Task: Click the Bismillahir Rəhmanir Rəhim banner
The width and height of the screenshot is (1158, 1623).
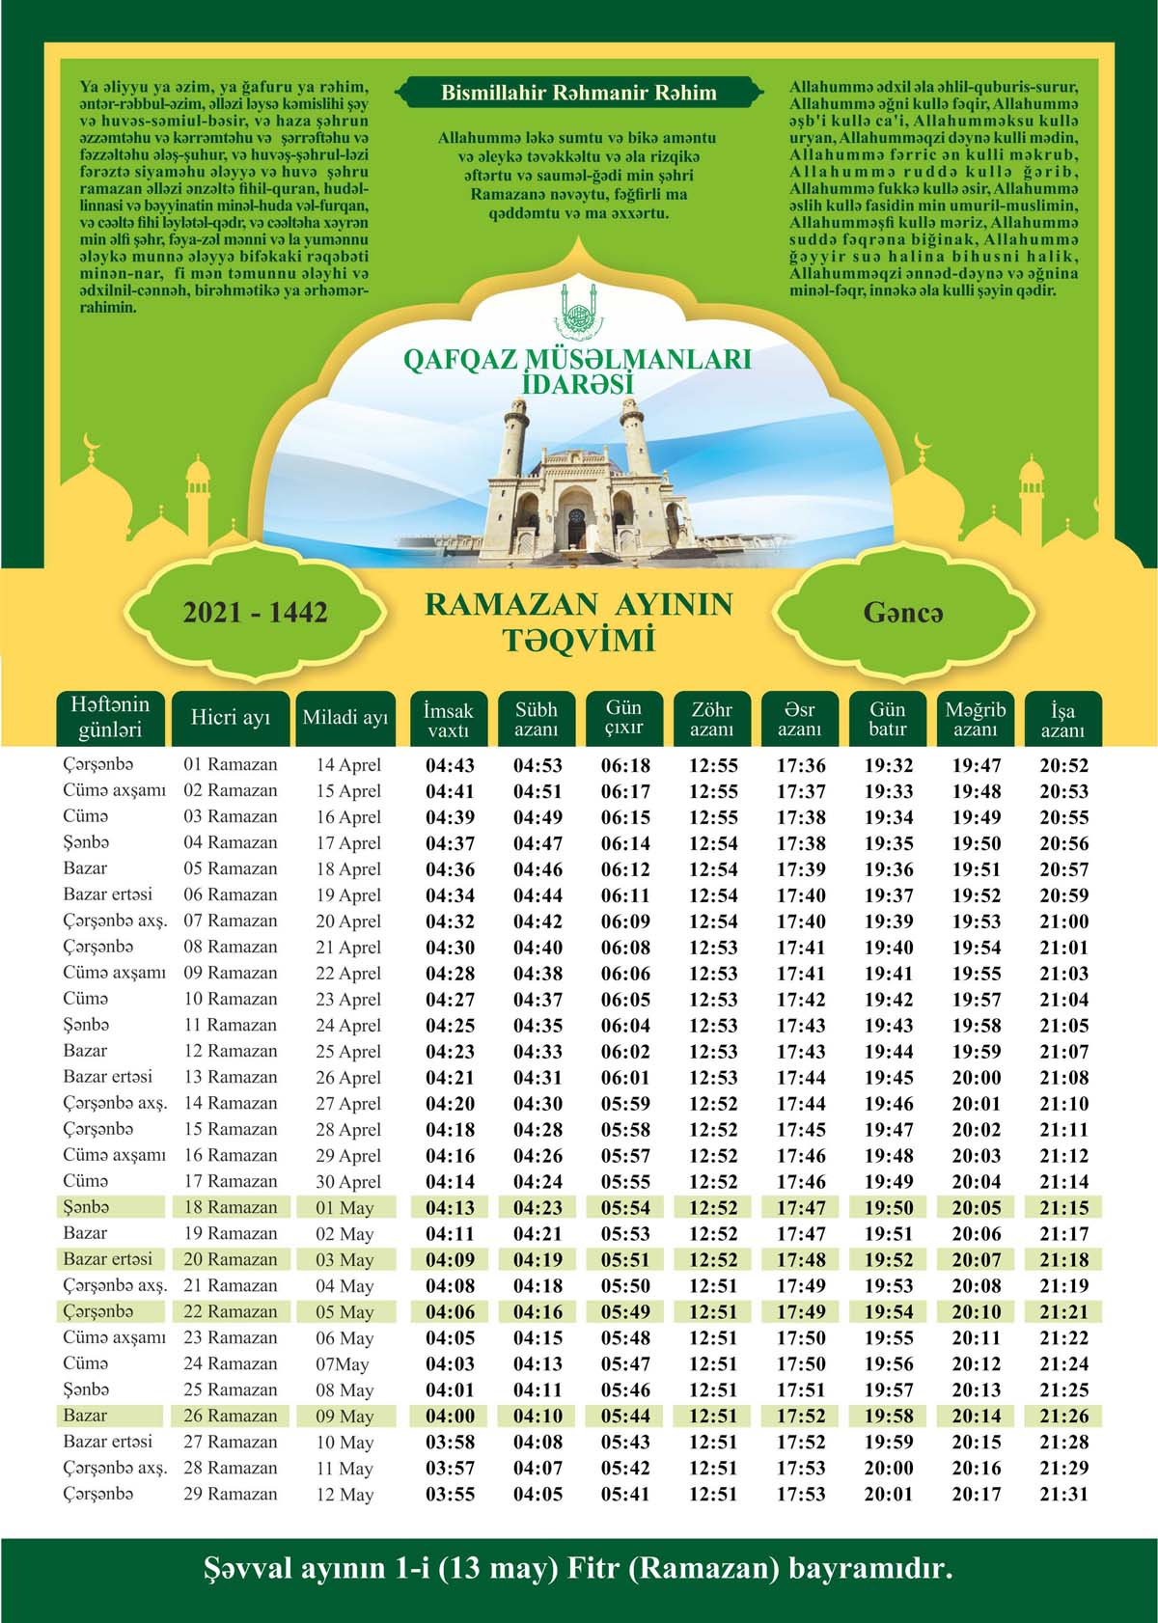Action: tap(578, 94)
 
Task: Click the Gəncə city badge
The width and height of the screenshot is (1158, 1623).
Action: tap(903, 612)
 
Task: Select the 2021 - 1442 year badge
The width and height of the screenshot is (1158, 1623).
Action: tap(256, 612)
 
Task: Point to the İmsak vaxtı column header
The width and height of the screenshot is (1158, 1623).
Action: tap(448, 720)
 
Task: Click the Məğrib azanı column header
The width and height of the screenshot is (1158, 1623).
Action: tap(975, 720)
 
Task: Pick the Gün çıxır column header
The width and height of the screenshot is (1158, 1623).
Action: tap(623, 718)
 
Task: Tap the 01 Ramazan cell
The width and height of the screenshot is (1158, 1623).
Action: tap(231, 765)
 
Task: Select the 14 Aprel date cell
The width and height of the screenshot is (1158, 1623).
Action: tap(348, 765)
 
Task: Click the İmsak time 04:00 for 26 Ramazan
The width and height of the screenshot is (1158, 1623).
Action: tap(450, 1417)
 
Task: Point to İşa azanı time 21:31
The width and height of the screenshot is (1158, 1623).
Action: tap(1063, 1495)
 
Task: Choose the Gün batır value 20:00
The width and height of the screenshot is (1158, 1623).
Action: tap(888, 1469)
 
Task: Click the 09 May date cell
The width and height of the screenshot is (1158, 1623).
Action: tap(345, 1417)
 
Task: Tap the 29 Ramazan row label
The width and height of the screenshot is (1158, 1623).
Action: tap(231, 1495)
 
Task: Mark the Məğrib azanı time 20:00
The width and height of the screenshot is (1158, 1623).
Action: tap(977, 1078)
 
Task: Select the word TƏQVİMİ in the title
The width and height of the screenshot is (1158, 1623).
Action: tap(578, 641)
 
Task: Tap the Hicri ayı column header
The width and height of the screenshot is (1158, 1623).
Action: tap(231, 719)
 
